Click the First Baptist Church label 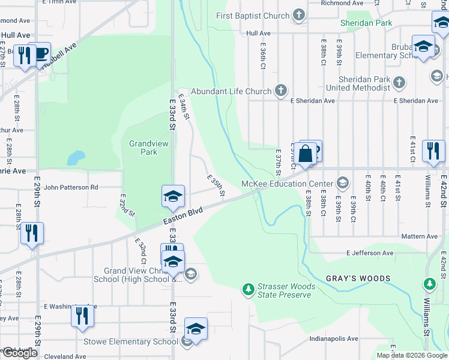pos(253,15)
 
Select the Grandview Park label pos(149,148)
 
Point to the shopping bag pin pos(306,154)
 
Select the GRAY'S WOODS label pos(358,278)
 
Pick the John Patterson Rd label pos(70,187)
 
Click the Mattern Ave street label pos(420,236)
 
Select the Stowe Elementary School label pos(140,342)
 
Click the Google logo pos(19,353)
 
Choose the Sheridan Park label pos(366,23)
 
